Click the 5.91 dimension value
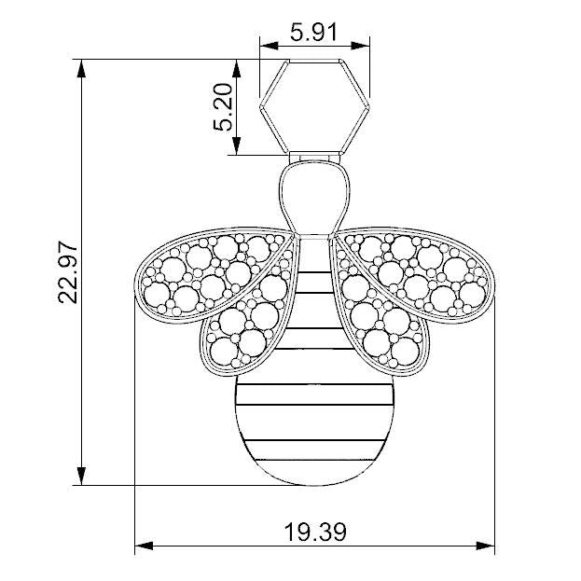click(313, 33)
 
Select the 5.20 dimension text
click(223, 107)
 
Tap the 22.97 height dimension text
click(68, 272)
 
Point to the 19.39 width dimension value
click(315, 532)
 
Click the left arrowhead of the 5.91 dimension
click(269, 46)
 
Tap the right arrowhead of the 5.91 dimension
click(361, 46)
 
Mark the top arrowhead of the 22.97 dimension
click(81, 68)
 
